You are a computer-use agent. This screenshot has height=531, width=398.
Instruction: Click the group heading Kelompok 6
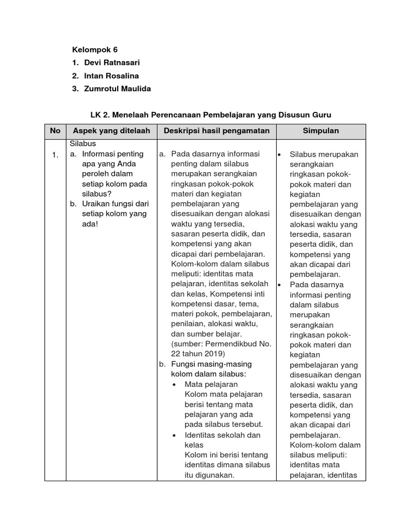[x=95, y=50]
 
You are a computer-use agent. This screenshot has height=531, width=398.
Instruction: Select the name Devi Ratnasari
[x=112, y=63]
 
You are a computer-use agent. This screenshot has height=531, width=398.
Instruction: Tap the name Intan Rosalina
[x=111, y=76]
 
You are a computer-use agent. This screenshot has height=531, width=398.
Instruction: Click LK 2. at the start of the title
[x=100, y=114]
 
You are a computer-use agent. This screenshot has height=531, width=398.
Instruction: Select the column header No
[x=55, y=131]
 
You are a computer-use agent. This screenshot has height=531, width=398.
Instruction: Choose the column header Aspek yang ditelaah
[x=111, y=131]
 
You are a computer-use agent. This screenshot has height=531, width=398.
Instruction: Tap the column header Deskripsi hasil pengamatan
[x=217, y=131]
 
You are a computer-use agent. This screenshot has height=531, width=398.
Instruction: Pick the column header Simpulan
[x=321, y=131]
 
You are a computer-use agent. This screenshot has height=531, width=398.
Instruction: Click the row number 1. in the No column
[x=55, y=155]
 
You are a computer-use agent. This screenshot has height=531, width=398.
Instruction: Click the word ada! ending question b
[x=90, y=223]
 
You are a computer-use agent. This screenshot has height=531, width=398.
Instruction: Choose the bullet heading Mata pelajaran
[x=211, y=384]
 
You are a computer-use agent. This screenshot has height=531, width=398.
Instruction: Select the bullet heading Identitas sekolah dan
[x=222, y=435]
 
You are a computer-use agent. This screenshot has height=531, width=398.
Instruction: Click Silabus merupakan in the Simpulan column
[x=324, y=155]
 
